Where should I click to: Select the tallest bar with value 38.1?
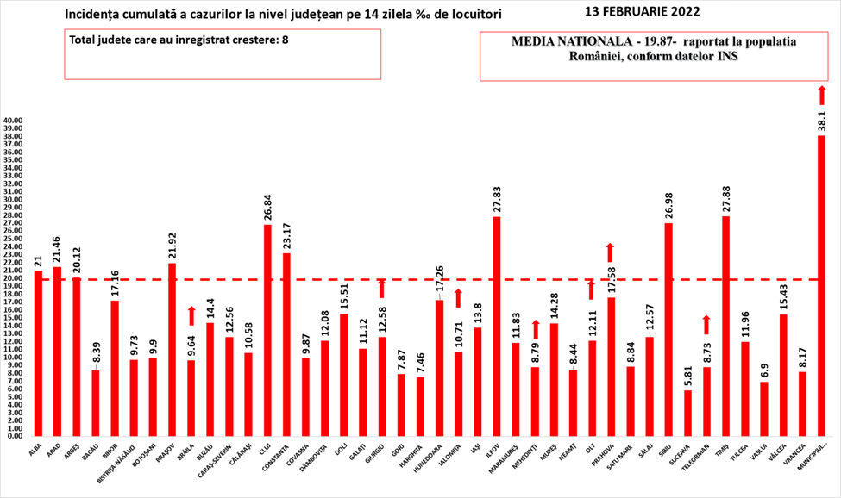click(821, 285)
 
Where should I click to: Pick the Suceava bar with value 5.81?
click(687, 413)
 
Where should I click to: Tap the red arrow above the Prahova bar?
click(611, 252)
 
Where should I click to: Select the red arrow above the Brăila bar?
click(191, 315)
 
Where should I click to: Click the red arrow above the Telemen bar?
click(706, 324)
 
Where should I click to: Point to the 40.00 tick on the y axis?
click(13, 121)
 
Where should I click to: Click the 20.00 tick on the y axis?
click(13, 278)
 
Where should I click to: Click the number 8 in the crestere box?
click(285, 40)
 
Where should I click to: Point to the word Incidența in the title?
click(90, 16)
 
